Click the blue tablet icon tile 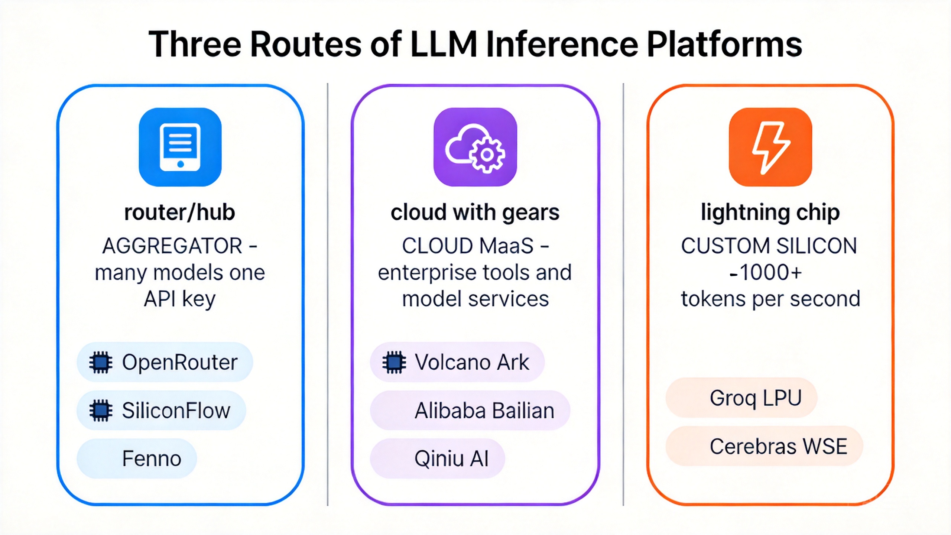click(x=180, y=147)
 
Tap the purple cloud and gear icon click(x=475, y=147)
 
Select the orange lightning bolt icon click(x=770, y=147)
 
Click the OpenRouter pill click(x=165, y=362)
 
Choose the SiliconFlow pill click(x=161, y=411)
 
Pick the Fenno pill click(x=136, y=458)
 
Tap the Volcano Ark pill click(x=457, y=362)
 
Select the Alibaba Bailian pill click(x=470, y=411)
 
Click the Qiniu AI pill click(x=437, y=458)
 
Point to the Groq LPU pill click(x=741, y=398)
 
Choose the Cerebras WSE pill click(x=764, y=446)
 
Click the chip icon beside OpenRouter click(x=101, y=362)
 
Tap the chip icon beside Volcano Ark click(x=394, y=362)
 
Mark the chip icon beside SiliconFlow click(x=101, y=411)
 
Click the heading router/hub click(x=180, y=213)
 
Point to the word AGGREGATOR click(x=172, y=246)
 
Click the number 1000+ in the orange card click(x=770, y=272)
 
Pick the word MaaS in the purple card click(x=506, y=246)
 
